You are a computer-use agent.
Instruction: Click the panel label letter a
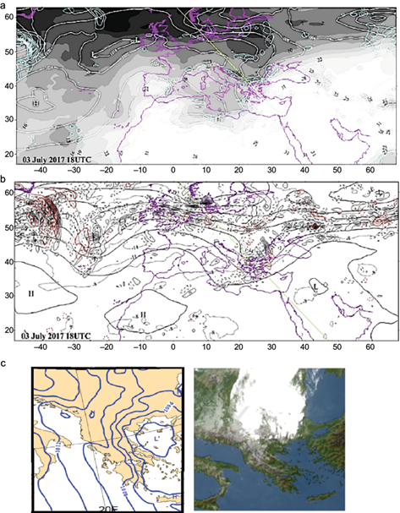pyautogui.click(x=5, y=4)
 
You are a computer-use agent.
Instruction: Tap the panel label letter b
pyautogui.click(x=5, y=179)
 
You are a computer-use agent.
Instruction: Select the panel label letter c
pyautogui.click(x=5, y=364)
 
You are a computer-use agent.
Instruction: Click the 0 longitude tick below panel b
pyautogui.click(x=173, y=347)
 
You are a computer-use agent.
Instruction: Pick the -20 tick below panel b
pyautogui.click(x=106, y=347)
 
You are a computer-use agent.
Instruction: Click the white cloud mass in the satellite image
pyautogui.click(x=279, y=397)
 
